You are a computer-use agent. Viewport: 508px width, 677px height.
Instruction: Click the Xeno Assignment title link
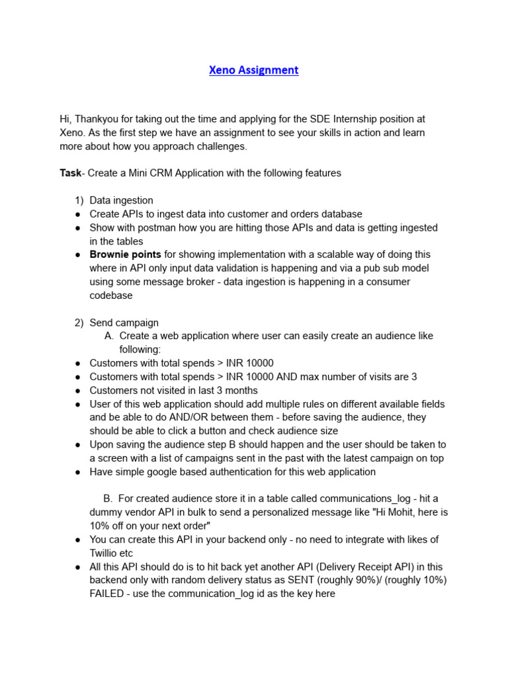pos(254,70)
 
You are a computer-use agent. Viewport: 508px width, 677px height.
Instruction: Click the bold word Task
pos(70,173)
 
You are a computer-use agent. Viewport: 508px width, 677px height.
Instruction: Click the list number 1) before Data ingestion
pos(78,200)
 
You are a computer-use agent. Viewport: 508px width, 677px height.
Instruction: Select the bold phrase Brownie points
pos(126,255)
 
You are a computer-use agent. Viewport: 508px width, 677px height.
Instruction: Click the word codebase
pos(111,296)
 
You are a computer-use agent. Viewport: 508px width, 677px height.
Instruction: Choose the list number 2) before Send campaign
pos(78,323)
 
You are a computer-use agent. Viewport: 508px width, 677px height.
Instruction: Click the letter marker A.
pos(109,336)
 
